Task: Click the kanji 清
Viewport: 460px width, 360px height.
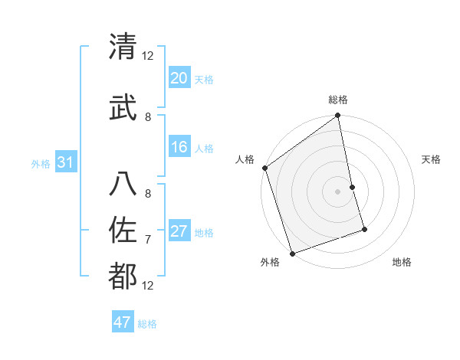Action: (123, 47)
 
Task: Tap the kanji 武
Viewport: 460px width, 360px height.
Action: (123, 107)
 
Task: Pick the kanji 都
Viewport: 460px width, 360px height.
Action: (123, 277)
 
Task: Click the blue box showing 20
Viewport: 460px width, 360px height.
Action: (179, 78)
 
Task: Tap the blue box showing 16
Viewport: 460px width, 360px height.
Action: (179, 148)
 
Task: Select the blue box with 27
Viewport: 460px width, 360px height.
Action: (179, 232)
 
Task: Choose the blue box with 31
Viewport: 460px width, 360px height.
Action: (65, 163)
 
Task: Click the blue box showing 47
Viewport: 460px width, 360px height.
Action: (123, 322)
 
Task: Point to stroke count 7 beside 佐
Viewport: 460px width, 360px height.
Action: (148, 240)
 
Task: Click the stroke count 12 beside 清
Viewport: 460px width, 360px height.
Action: (148, 56)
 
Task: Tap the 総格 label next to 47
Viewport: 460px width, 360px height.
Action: (147, 324)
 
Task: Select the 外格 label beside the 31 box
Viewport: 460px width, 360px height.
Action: (41, 164)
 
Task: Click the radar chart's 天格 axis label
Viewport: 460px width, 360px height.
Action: (431, 159)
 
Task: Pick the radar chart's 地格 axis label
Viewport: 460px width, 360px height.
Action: (402, 262)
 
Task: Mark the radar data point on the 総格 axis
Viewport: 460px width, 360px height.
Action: (337, 116)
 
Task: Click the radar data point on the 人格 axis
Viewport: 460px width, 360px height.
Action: (264, 168)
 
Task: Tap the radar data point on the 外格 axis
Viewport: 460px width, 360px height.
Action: (292, 253)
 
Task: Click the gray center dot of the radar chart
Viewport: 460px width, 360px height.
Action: (337, 191)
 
